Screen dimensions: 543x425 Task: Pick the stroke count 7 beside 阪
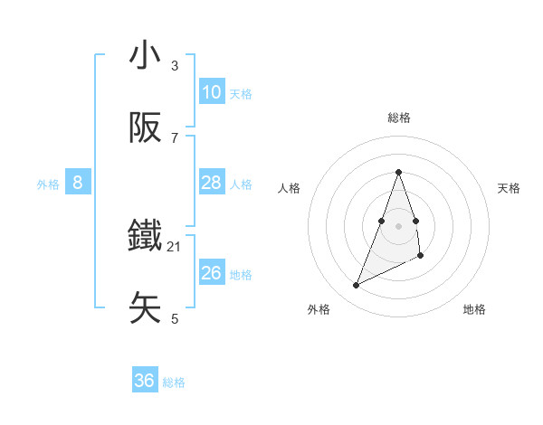pos(175,137)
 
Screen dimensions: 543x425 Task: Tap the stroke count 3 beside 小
pos(175,65)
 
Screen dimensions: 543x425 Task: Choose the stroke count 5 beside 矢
pos(175,318)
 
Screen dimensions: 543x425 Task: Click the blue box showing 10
pos(211,92)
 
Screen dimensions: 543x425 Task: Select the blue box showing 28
pos(211,183)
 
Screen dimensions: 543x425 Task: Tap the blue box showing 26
pos(211,273)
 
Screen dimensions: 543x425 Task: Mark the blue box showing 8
pos(77,183)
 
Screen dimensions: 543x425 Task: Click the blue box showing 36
pos(144,381)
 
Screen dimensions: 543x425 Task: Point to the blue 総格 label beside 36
pos(174,382)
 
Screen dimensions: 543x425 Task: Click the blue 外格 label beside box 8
pos(48,184)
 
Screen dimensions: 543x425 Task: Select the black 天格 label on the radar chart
pos(509,188)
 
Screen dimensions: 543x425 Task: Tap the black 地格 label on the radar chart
pos(474,309)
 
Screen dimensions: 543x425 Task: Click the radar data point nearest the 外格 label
pos(356,286)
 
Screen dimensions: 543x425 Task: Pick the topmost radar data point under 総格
pos(398,172)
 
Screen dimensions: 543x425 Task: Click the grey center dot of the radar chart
pos(398,225)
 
